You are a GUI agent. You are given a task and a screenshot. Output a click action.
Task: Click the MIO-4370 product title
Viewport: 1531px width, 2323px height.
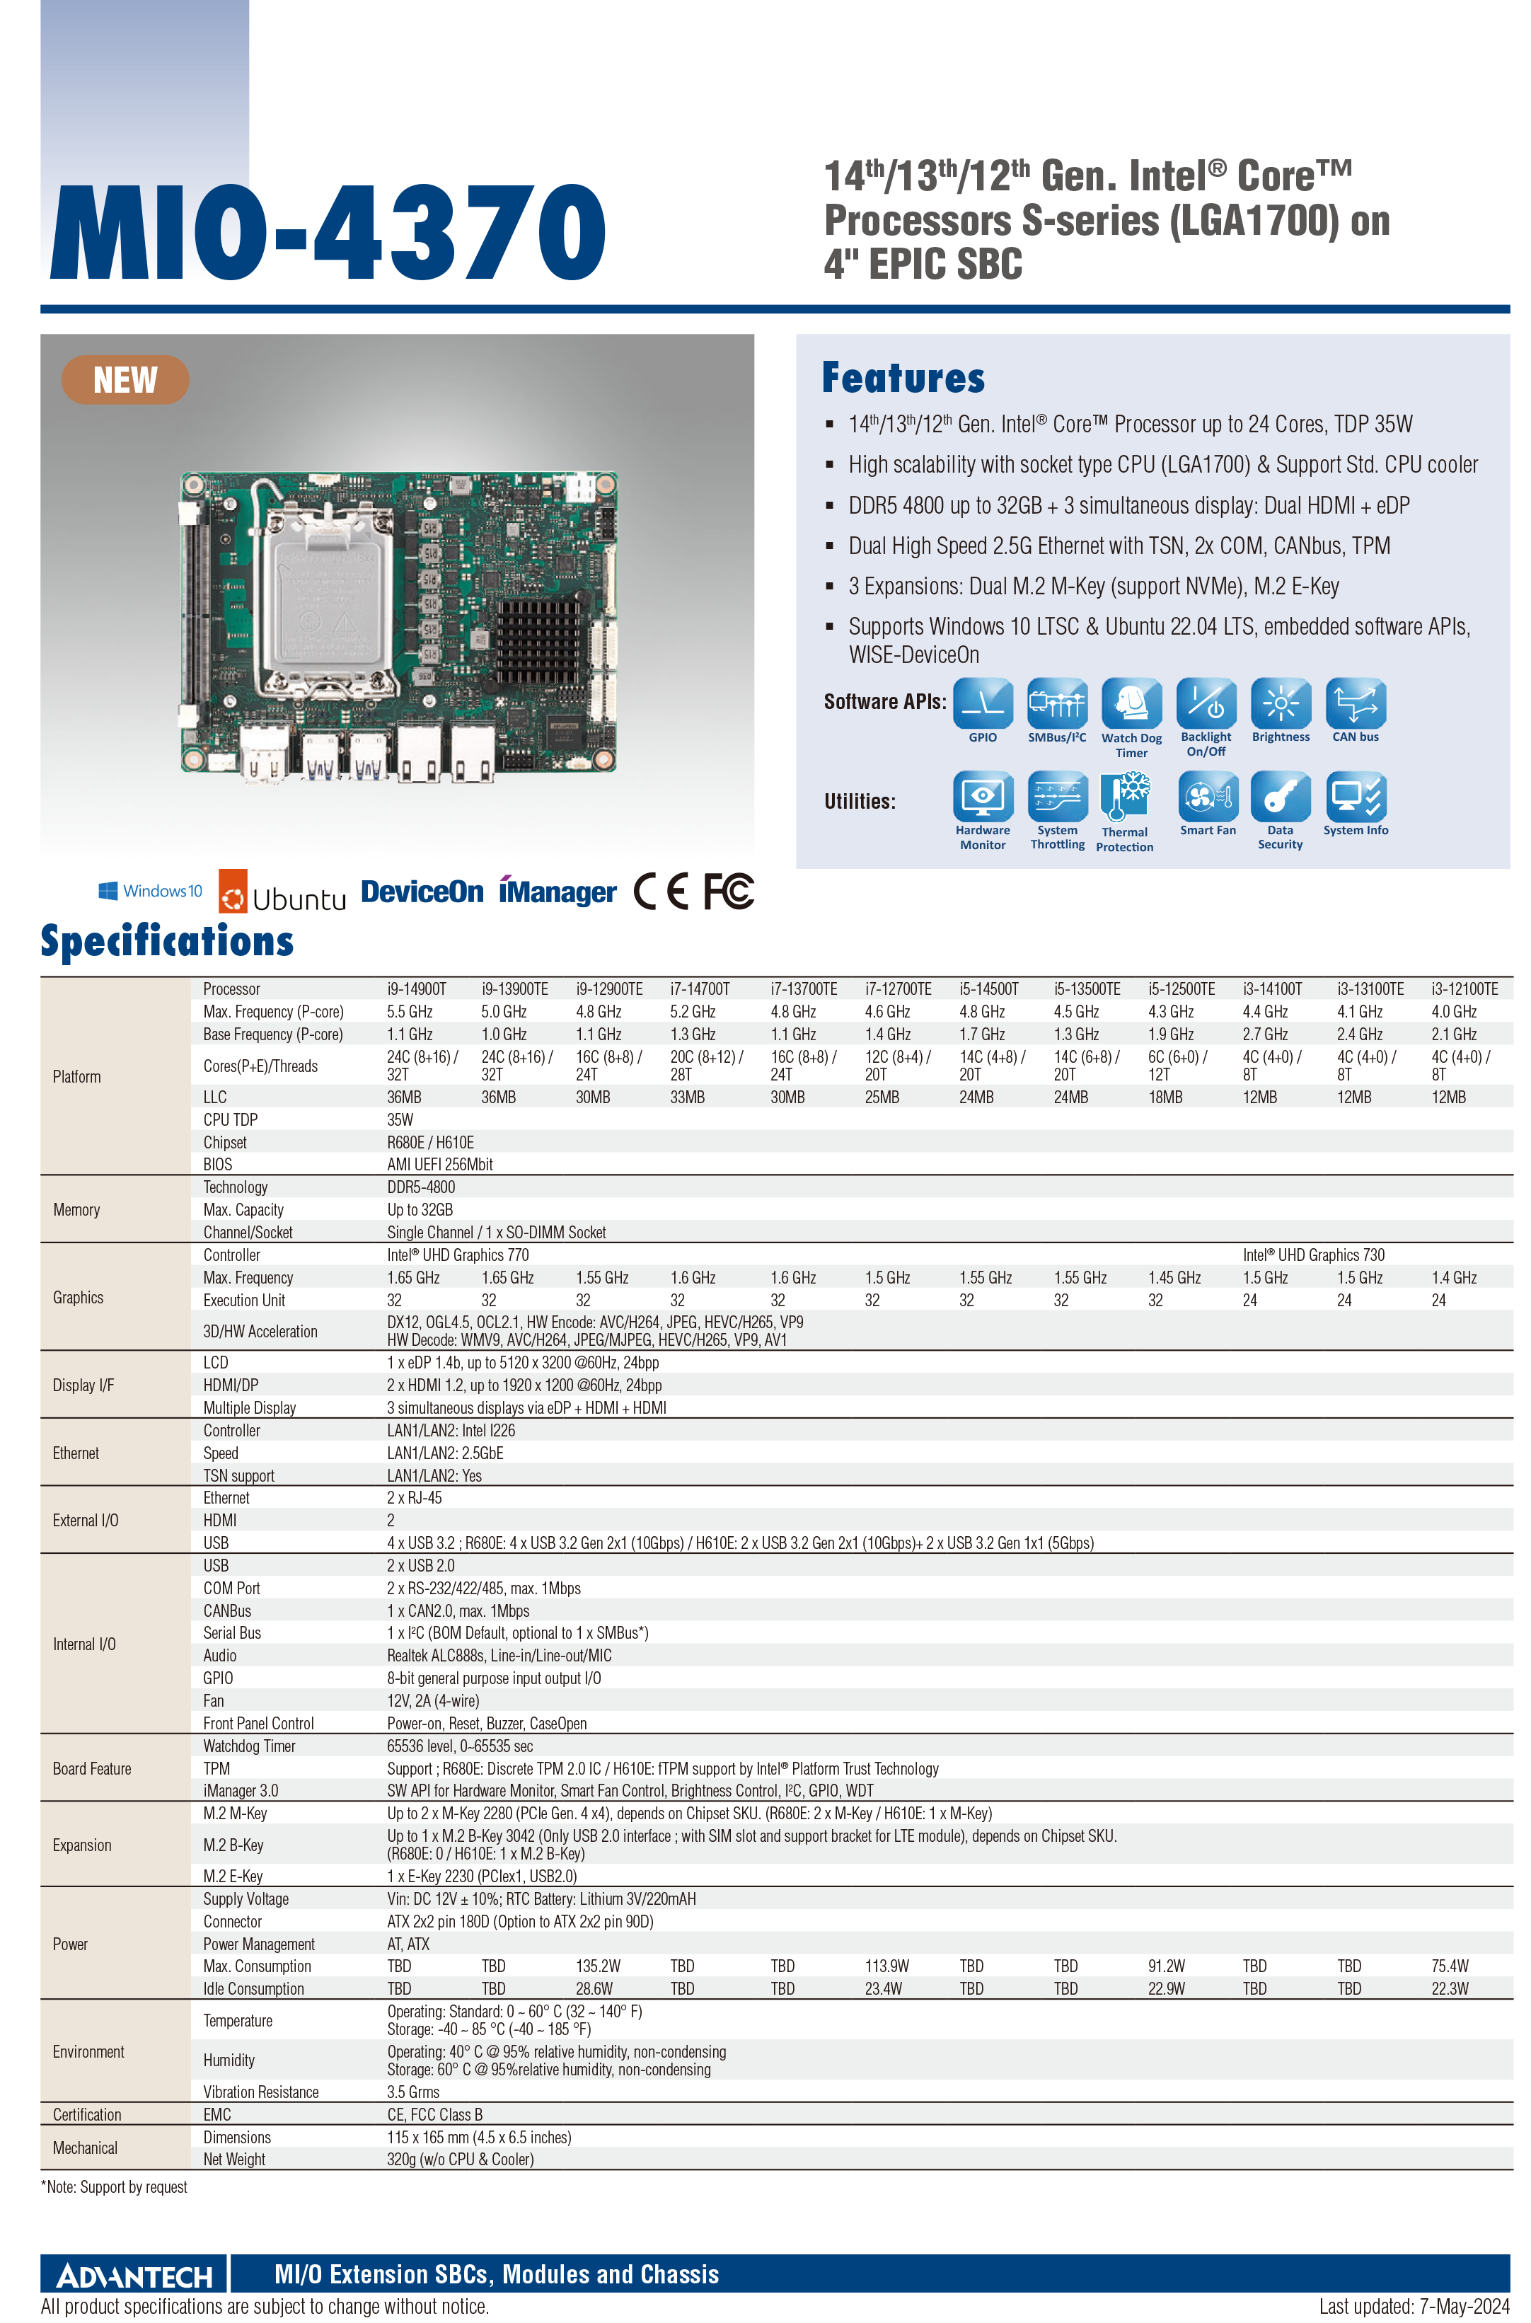pos(328,232)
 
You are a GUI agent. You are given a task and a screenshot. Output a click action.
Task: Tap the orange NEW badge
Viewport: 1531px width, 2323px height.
pos(125,380)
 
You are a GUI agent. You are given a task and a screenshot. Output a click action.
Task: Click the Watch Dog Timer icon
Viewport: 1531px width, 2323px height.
pos(1132,704)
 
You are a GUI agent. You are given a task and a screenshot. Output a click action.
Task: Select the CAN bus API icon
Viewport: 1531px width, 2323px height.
pos(1356,703)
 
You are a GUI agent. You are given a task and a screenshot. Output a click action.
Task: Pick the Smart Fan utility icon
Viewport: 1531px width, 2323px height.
pos(1208,797)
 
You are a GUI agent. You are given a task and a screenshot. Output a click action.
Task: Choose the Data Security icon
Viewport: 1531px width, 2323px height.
pos(1280,797)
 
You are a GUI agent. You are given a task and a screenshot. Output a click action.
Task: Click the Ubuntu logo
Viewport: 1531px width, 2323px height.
pos(282,892)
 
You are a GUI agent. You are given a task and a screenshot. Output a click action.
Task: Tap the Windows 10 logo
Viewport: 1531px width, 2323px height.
pos(151,891)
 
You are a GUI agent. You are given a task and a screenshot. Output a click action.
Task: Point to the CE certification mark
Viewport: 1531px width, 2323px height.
pos(661,891)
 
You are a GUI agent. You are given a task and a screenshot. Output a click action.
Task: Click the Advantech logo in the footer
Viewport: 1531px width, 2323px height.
pos(134,2276)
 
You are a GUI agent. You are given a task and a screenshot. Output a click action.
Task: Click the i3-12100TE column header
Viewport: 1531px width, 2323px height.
pos(1464,989)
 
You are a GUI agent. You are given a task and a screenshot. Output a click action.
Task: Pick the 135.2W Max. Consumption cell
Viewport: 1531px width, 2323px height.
pos(598,1966)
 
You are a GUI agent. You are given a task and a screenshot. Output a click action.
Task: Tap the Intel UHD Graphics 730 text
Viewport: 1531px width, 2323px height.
pos(1312,1255)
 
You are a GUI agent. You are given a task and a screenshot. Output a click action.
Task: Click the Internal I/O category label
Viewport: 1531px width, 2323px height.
pos(84,1644)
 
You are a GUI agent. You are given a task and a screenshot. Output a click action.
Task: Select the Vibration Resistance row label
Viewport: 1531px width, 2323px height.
pos(260,2092)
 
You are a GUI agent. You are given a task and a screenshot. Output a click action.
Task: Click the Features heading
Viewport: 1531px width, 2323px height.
pos(903,378)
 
